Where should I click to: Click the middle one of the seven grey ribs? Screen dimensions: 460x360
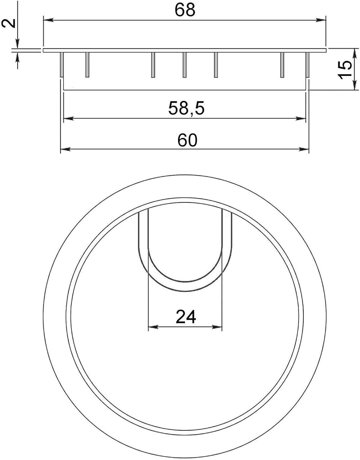click(184, 65)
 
